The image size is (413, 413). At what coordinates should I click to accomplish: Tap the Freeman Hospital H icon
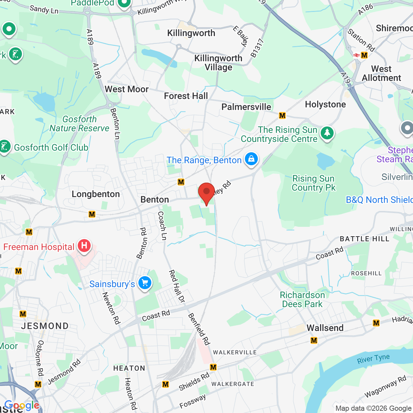(x=84, y=246)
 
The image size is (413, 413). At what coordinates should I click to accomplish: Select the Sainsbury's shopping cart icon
(x=145, y=283)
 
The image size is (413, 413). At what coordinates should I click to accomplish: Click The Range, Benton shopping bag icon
(x=251, y=159)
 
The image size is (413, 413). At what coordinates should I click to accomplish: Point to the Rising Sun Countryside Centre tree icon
(x=327, y=133)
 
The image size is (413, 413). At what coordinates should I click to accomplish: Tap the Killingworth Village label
(x=218, y=63)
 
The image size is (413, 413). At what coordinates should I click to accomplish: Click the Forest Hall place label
(x=186, y=96)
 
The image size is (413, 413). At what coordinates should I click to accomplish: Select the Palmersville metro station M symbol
(x=282, y=116)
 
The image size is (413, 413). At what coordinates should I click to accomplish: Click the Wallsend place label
(x=325, y=328)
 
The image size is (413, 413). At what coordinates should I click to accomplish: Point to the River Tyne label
(x=373, y=359)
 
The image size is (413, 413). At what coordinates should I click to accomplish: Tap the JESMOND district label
(x=45, y=326)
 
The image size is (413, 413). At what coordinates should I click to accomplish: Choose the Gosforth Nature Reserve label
(x=79, y=124)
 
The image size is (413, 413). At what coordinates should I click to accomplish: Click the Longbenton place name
(x=96, y=194)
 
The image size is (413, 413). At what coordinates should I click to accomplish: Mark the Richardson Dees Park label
(x=302, y=299)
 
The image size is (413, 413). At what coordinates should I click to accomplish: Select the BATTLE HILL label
(x=365, y=239)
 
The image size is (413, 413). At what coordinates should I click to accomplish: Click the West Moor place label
(x=127, y=89)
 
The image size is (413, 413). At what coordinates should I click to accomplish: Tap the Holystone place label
(x=325, y=105)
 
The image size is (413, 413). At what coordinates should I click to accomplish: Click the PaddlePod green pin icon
(x=124, y=3)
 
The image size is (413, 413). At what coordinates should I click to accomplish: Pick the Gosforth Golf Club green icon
(x=5, y=147)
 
